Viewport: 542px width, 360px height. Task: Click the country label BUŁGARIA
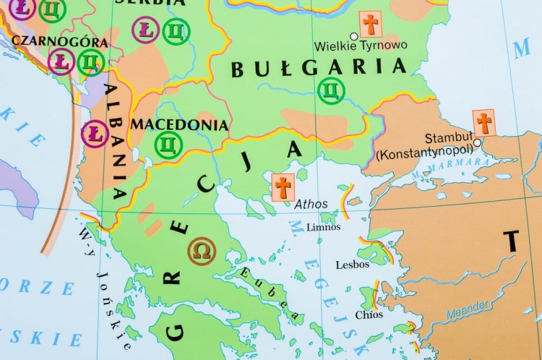(318, 68)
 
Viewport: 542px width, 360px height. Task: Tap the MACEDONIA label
(178, 124)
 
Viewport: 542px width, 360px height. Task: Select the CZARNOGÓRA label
(60, 42)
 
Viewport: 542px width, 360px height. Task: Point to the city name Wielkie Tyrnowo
(361, 46)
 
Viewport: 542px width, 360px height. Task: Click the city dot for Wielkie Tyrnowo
(354, 36)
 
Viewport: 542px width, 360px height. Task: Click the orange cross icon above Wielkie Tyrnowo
(371, 25)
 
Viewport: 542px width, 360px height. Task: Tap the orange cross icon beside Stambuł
(484, 122)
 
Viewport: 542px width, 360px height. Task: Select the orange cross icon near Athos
(283, 187)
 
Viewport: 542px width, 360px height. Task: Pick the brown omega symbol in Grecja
(202, 251)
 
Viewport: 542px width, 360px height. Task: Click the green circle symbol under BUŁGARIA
(331, 90)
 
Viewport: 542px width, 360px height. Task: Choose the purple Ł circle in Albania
(95, 134)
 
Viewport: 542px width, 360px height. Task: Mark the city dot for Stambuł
(477, 142)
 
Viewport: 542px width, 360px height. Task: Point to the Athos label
(311, 205)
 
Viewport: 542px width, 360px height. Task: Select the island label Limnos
(323, 227)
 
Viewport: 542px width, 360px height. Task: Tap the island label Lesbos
(353, 265)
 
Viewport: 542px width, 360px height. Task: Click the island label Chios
(369, 314)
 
